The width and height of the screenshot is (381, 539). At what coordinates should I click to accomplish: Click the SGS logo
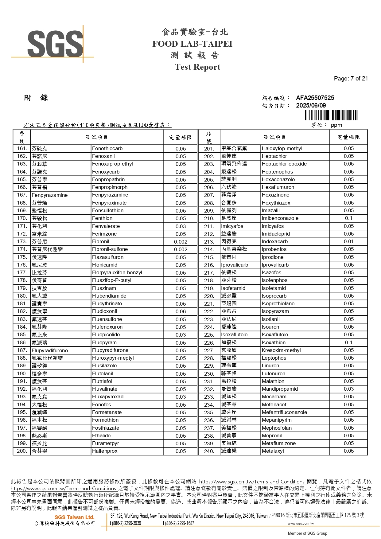click(x=55, y=44)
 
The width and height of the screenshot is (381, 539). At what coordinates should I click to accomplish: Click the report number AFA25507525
click(x=315, y=98)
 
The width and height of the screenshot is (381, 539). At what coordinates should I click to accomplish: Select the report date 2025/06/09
click(x=311, y=105)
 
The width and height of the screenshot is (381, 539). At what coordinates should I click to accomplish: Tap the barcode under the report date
click(x=331, y=115)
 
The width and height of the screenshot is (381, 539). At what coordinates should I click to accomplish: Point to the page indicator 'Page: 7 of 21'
click(x=351, y=78)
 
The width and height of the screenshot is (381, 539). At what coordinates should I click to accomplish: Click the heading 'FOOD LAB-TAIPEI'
click(x=192, y=44)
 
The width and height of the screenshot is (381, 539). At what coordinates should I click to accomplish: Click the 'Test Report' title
click(x=197, y=67)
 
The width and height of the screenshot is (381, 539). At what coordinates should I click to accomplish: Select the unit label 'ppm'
click(x=336, y=125)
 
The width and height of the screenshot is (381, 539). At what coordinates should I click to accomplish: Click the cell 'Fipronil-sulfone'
click(x=110, y=249)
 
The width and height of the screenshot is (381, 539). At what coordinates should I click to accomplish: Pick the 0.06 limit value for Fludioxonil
click(x=181, y=311)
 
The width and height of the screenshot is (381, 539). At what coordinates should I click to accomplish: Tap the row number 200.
click(x=22, y=451)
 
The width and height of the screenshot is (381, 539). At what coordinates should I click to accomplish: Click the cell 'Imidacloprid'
click(x=276, y=234)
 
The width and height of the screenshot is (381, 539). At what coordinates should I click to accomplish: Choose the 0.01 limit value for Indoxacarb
click(x=348, y=241)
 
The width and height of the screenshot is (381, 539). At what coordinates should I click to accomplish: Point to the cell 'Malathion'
click(x=273, y=381)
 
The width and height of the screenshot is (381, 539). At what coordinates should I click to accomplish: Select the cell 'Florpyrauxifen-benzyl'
click(x=117, y=272)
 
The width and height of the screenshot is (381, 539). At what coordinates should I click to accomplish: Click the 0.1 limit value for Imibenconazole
click(x=348, y=218)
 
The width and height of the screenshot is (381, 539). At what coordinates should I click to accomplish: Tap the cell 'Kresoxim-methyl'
click(x=281, y=350)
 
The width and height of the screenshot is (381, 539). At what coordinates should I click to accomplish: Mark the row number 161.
click(x=22, y=149)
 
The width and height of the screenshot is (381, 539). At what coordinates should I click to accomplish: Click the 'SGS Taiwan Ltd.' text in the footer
click(x=74, y=517)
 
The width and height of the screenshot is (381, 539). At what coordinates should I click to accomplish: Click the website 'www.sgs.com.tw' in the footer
click(x=300, y=523)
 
